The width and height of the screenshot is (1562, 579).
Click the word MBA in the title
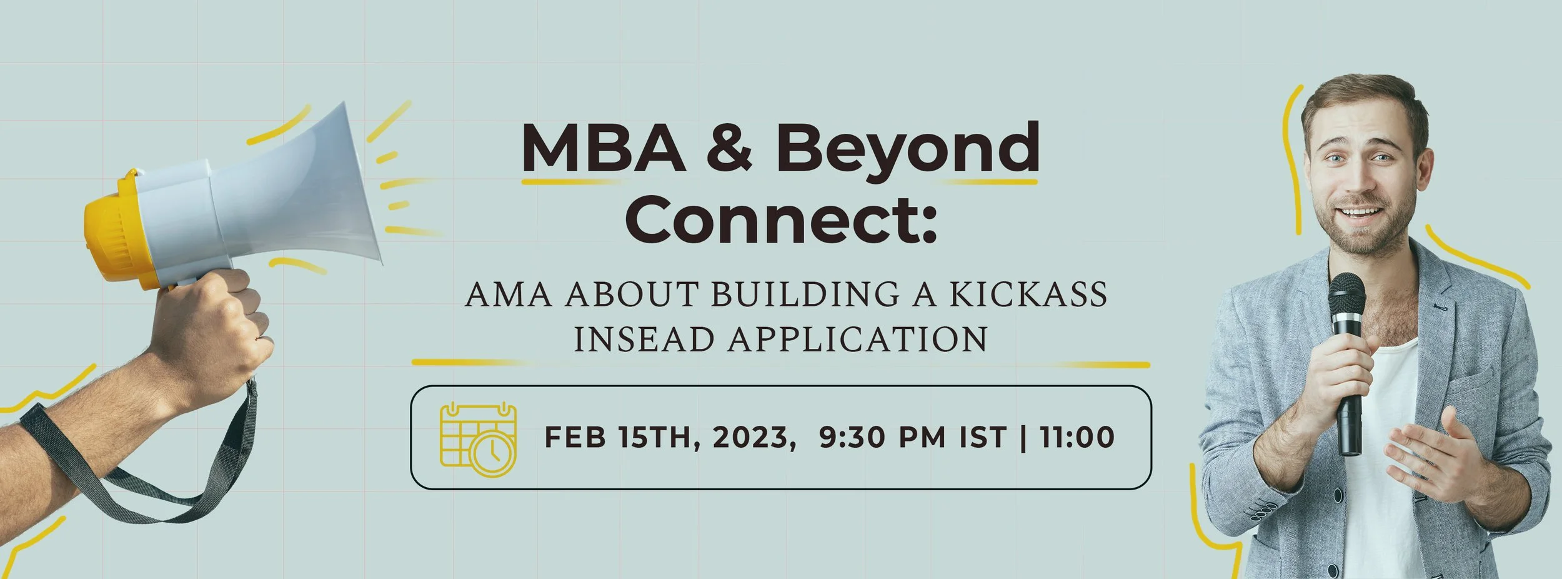pyautogui.click(x=604, y=148)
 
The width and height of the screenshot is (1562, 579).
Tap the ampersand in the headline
pyautogui.click(x=730, y=148)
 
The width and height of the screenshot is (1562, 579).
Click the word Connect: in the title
pyautogui.click(x=781, y=219)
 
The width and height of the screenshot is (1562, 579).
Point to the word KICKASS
pyautogui.click(x=1028, y=295)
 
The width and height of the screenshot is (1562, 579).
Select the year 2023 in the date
pyautogui.click(x=750, y=437)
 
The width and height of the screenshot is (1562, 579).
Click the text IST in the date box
pyautogui.click(x=983, y=437)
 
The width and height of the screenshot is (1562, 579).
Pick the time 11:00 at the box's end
pyautogui.click(x=1077, y=437)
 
